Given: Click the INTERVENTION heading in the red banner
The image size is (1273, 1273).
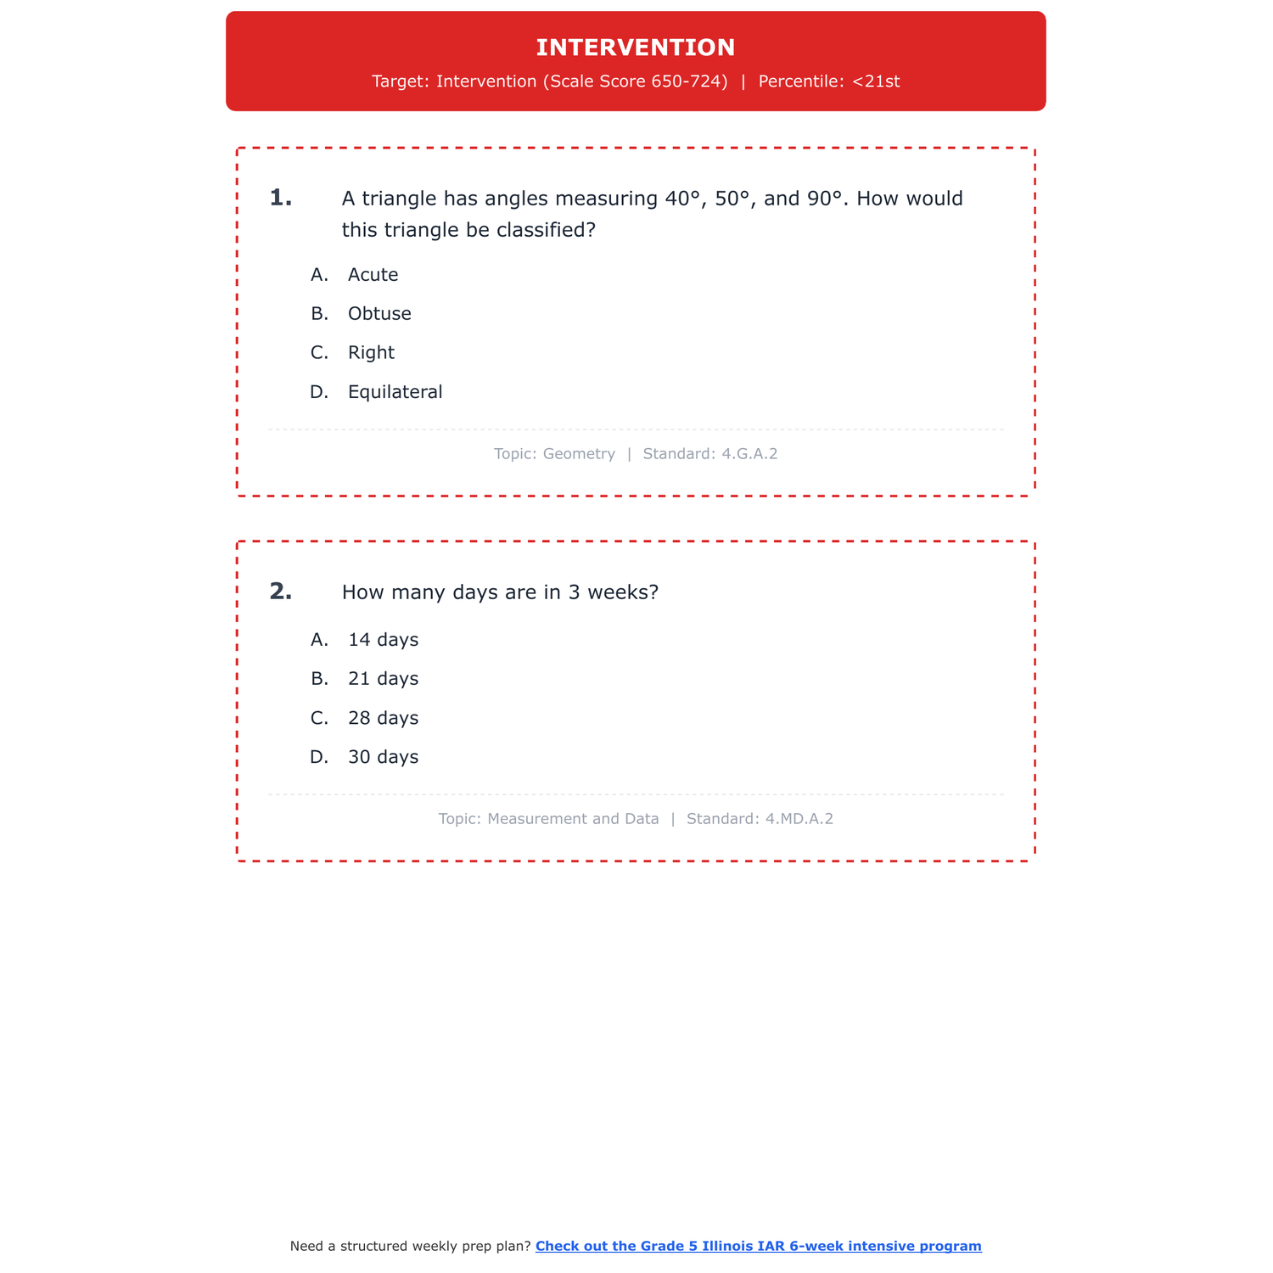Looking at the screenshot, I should (x=636, y=48).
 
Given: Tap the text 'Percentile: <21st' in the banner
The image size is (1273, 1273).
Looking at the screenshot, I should (x=828, y=81).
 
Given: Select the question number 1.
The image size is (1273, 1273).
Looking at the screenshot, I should (x=280, y=199).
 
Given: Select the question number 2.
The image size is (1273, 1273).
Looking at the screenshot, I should (x=280, y=592).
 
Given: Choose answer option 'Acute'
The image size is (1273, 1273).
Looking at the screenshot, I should (x=373, y=275).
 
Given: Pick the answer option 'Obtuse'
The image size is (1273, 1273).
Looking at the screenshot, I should (x=379, y=314).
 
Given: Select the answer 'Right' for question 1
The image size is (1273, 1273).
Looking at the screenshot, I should (x=371, y=353).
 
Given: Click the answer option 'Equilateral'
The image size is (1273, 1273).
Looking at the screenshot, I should (x=395, y=392).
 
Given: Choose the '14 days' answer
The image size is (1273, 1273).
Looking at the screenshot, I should (x=383, y=640).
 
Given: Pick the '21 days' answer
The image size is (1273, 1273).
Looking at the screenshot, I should (x=383, y=679).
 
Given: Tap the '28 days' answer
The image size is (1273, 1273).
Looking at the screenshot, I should (x=383, y=718).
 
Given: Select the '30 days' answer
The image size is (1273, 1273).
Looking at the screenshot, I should (x=383, y=757).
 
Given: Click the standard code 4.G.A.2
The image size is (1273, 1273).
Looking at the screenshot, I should (x=749, y=454).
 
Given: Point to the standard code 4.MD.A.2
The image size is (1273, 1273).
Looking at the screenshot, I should (x=799, y=819).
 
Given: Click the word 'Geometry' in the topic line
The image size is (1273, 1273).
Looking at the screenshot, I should (x=579, y=454).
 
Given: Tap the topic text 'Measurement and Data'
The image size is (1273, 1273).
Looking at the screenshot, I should (x=573, y=819).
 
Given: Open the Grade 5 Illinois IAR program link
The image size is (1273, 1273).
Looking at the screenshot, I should (x=758, y=1246).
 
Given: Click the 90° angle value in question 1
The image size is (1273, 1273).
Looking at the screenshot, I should (x=825, y=199).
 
